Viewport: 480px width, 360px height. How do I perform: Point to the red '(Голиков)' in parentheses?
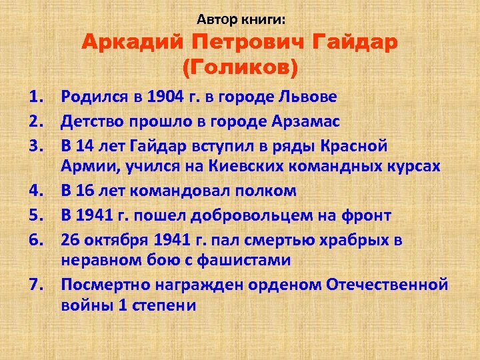tap(239, 67)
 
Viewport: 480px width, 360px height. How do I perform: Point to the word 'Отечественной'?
tap(387, 285)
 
